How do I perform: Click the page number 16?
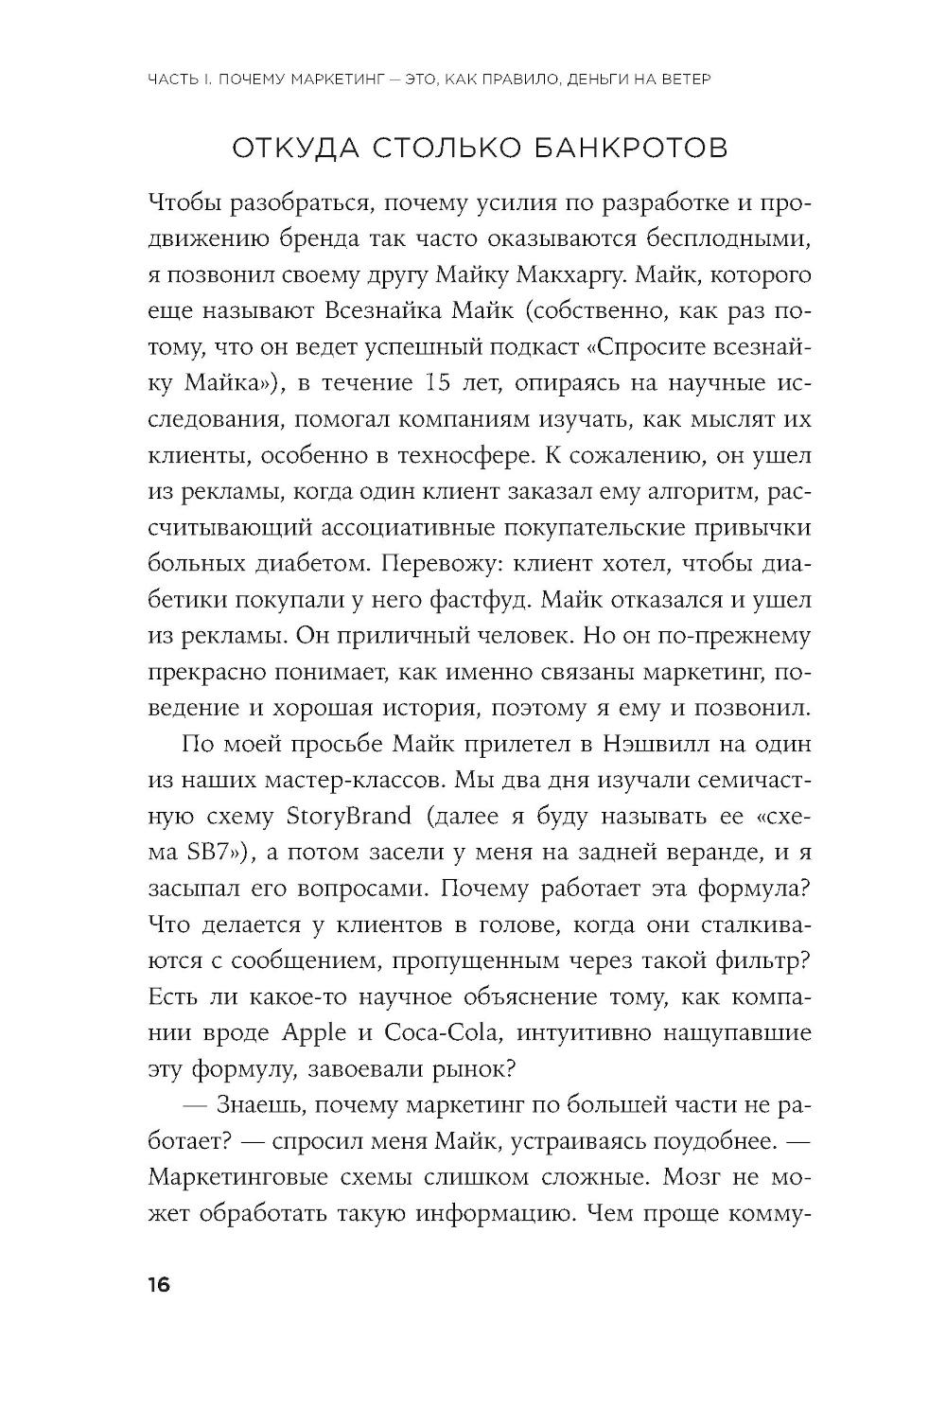tap(157, 1285)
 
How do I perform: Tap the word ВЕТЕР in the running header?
tap(680, 80)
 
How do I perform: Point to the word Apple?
tap(314, 1030)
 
